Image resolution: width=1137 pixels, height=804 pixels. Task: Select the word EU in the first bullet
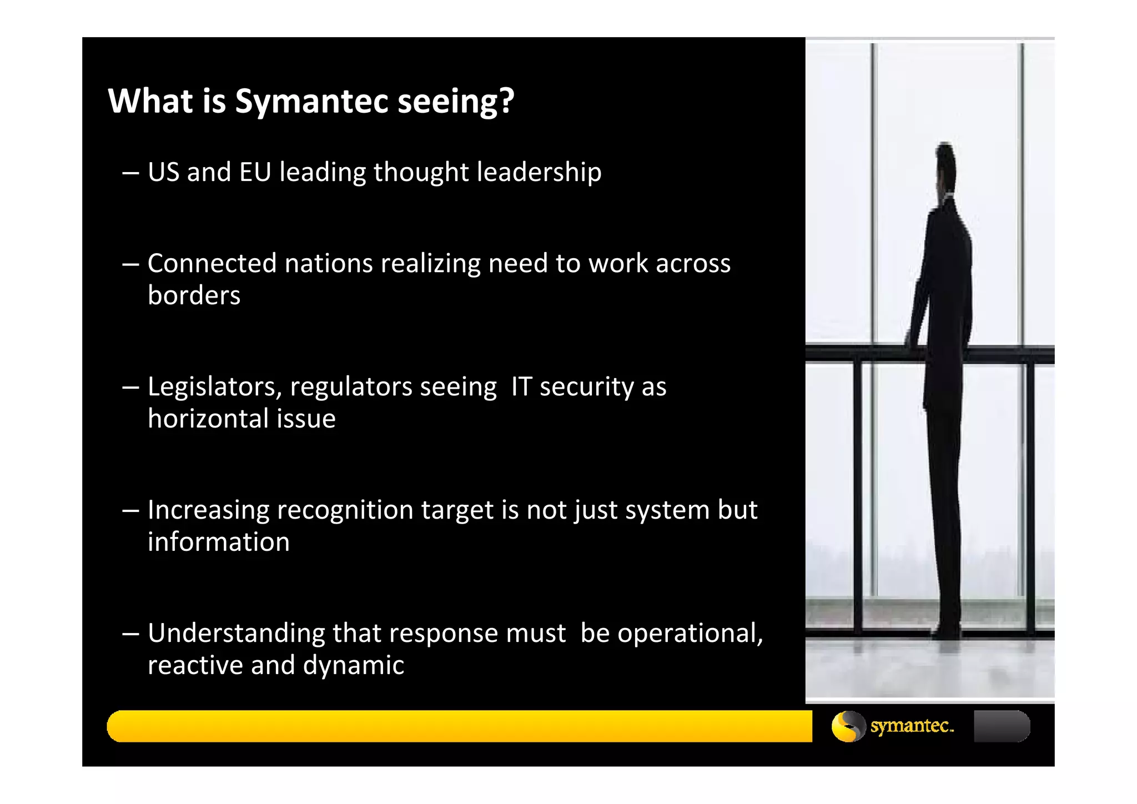coord(255,172)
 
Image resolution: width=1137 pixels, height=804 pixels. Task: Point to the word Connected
coord(212,263)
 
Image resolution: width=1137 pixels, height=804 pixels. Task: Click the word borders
coord(194,295)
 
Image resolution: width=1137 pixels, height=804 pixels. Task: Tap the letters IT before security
coord(521,386)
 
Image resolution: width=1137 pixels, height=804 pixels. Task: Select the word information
coord(218,542)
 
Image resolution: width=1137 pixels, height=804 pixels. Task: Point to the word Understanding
coord(235,634)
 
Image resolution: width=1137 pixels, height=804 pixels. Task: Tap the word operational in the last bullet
coord(690,634)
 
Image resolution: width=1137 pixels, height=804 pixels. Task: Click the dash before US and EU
coord(130,173)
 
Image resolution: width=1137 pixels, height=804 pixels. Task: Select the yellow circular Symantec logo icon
coord(848,726)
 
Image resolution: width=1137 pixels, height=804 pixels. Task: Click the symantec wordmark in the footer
coord(912,726)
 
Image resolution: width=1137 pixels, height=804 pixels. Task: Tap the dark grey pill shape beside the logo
coord(1002,726)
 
